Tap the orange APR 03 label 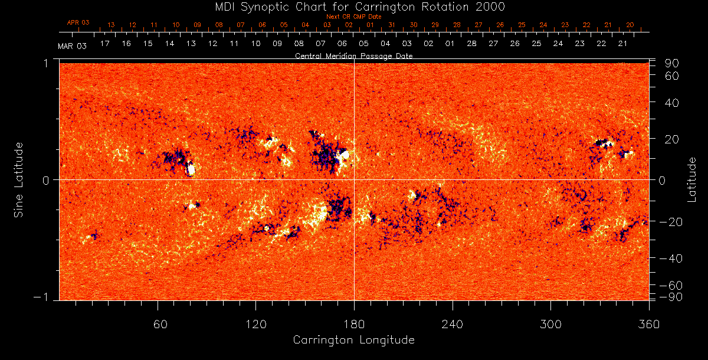[78, 22]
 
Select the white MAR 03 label [72, 46]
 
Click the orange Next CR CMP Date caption [353, 17]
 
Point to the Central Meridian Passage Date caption [353, 56]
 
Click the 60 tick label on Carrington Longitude [158, 324]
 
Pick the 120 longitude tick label [255, 324]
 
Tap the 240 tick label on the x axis [452, 324]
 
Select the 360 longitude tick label [648, 324]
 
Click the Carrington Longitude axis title [353, 340]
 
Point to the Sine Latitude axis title [18, 179]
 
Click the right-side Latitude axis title [692, 179]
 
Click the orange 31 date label [392, 25]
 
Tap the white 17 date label [105, 44]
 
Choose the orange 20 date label [630, 25]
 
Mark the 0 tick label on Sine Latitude [46, 180]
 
